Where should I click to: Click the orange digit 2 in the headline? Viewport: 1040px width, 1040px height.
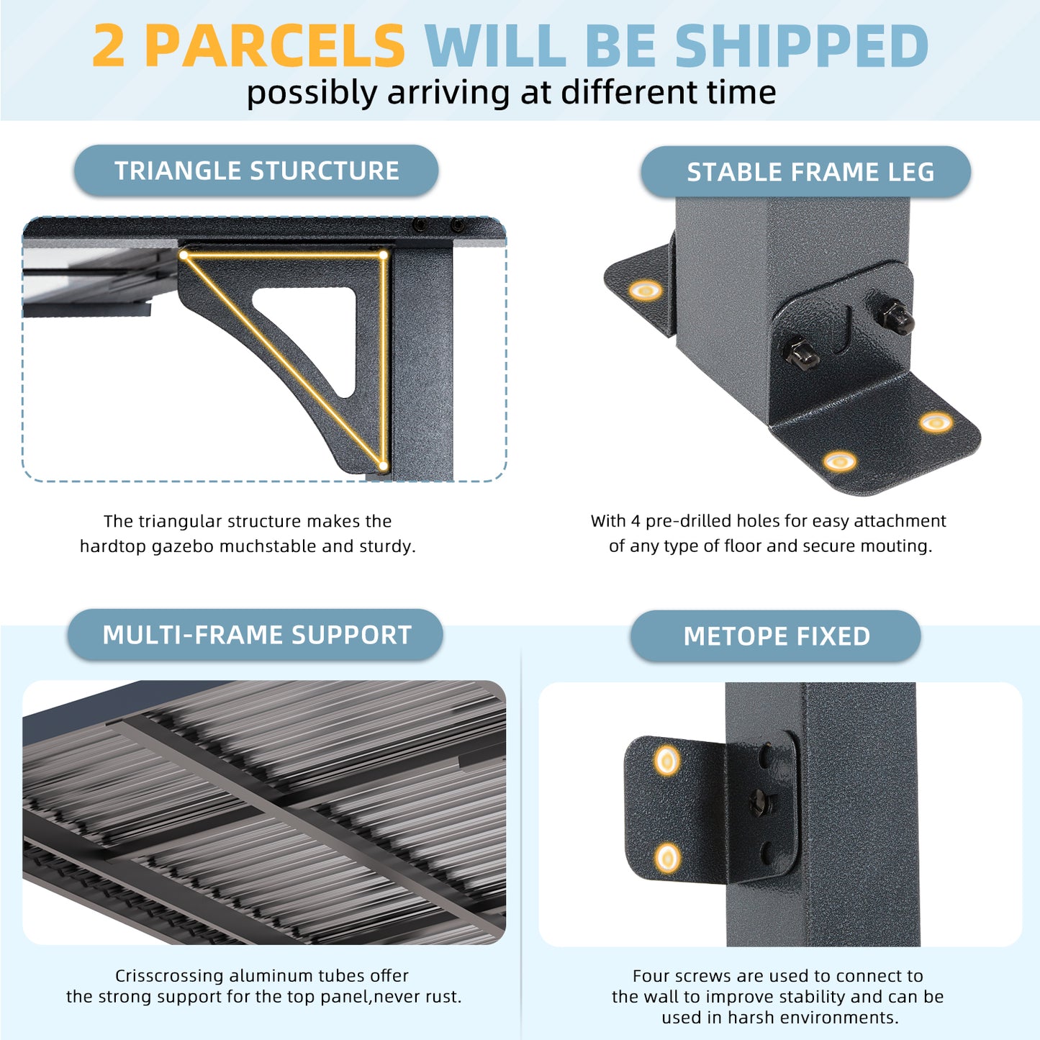(109, 45)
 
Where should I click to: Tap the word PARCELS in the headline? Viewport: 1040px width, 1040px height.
(275, 45)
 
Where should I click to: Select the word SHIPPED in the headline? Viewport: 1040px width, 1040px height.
(802, 45)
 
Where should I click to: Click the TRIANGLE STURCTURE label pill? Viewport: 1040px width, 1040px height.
(256, 171)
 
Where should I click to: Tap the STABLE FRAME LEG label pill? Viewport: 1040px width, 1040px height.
(806, 171)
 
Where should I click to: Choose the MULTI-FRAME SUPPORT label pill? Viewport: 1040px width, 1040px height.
(256, 635)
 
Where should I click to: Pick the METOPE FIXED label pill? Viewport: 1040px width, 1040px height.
(776, 636)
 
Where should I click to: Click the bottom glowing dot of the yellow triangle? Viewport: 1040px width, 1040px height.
(383, 465)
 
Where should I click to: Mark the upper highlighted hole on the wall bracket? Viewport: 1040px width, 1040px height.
(668, 761)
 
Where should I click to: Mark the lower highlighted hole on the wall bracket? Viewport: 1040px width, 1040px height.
(668, 858)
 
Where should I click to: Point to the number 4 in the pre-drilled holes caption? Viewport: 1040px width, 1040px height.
(636, 521)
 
